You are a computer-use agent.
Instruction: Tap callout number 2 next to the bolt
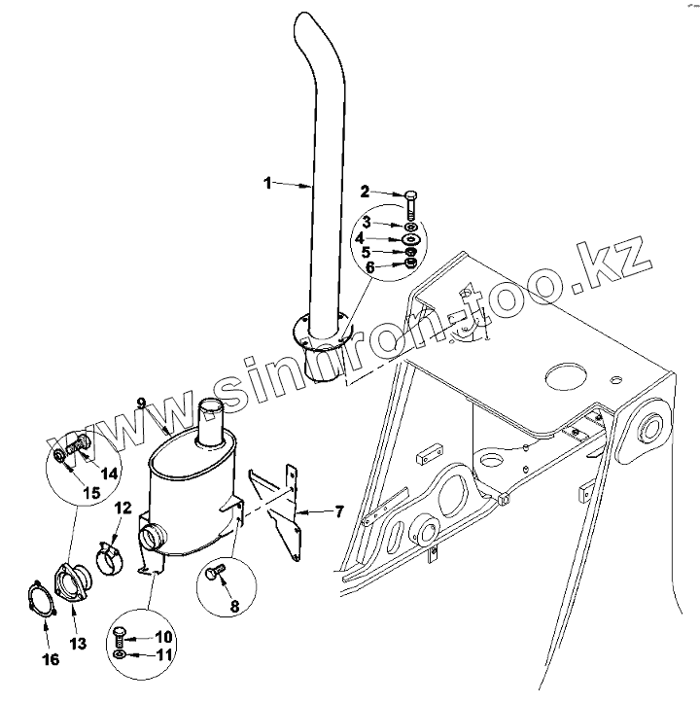[366, 191]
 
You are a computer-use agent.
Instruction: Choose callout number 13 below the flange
[78, 643]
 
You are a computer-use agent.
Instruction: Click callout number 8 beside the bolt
[233, 606]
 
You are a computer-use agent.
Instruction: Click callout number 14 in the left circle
[110, 474]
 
